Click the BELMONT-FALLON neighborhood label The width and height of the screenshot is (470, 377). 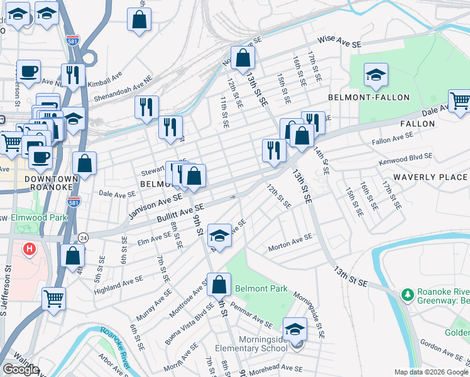(368, 97)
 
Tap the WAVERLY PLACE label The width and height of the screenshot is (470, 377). (430, 177)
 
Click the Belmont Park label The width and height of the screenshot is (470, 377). (261, 289)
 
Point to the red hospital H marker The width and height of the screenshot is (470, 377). (29, 250)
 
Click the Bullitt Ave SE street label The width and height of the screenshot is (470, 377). (181, 214)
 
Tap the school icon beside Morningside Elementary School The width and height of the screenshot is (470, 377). (295, 329)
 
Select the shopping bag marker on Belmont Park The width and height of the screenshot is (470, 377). (219, 285)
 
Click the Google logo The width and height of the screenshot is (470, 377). (21, 369)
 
